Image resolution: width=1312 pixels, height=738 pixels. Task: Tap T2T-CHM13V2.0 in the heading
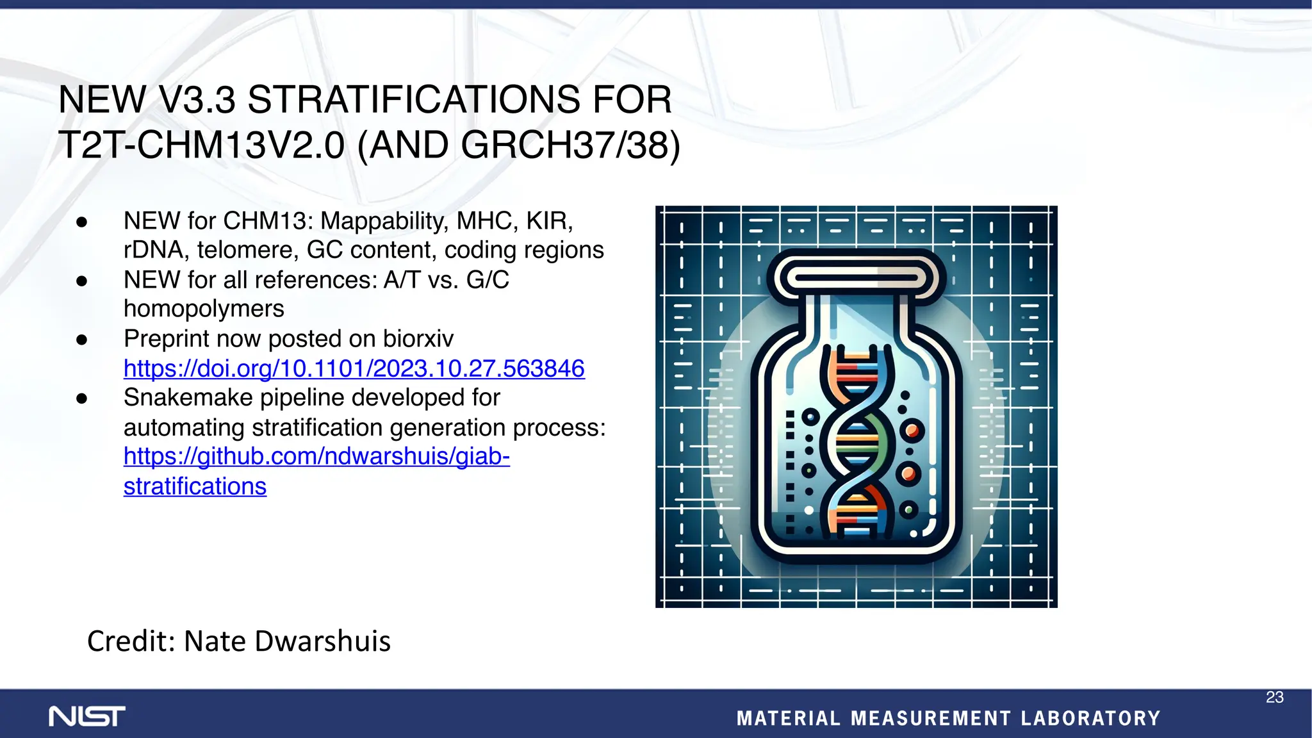[201, 145]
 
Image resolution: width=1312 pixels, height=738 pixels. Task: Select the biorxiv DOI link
[354, 368]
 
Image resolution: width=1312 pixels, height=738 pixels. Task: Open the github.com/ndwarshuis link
[316, 456]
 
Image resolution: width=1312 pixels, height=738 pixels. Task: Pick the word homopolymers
[204, 309]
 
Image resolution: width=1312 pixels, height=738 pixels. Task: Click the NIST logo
[87, 716]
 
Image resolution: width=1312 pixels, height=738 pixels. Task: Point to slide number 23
[1274, 697]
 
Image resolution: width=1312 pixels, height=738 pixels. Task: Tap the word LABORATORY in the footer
[1090, 718]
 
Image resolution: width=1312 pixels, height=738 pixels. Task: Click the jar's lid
[856, 277]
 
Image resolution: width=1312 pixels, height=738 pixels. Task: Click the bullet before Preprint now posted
[81, 340]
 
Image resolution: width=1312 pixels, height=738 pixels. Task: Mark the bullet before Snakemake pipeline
[81, 398]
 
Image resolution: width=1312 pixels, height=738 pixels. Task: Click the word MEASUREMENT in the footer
[931, 718]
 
